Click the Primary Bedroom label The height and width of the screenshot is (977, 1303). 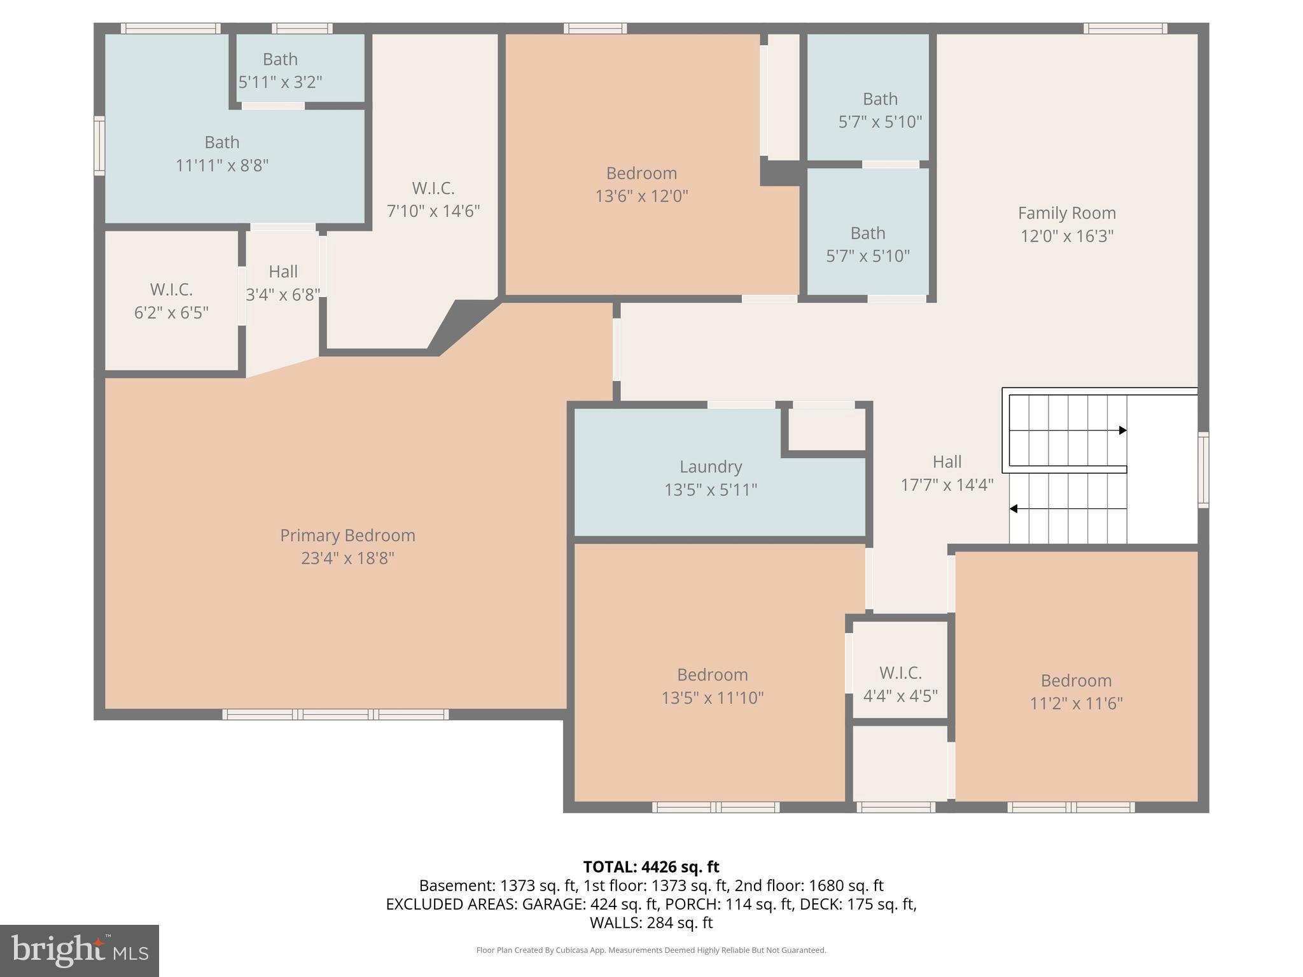point(347,536)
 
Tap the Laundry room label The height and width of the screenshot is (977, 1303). point(711,467)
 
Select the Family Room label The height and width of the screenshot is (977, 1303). point(1066,213)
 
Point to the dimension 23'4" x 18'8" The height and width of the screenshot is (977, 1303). point(347,558)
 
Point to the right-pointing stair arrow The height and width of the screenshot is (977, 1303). point(1123,431)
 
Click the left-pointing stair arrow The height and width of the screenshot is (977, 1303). point(1014,509)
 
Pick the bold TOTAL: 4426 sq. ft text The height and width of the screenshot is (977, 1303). point(651,867)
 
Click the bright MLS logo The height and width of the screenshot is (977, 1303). point(79,951)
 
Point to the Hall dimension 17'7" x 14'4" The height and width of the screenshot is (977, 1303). point(947,485)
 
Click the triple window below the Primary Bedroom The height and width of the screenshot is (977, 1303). point(335,714)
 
